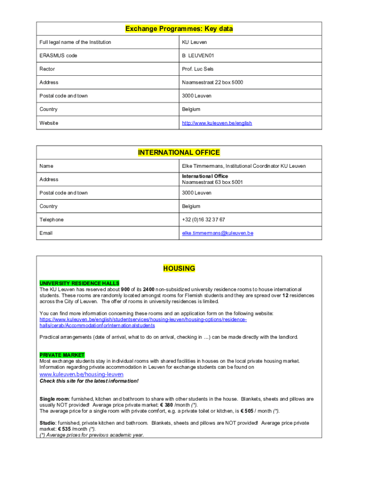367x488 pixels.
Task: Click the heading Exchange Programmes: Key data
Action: click(179, 29)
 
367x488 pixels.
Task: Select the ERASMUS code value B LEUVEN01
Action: click(198, 56)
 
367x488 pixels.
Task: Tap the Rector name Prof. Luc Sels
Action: click(198, 69)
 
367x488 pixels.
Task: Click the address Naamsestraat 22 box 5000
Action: click(212, 82)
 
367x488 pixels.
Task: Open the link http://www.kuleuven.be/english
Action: click(217, 123)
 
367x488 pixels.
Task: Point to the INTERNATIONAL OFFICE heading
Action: click(179, 152)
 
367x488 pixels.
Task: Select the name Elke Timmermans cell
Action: click(244, 166)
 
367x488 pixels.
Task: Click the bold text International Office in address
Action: click(205, 176)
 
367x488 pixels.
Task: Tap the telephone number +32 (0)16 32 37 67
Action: click(204, 220)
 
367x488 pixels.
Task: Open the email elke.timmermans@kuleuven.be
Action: click(217, 233)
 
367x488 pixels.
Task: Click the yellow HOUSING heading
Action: click(179, 268)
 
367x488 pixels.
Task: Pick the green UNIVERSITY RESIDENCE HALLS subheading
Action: click(79, 283)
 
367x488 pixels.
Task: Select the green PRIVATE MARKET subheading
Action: click(62, 355)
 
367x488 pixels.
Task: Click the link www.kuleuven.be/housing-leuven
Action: click(81, 374)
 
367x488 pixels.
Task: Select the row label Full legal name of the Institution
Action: click(75, 42)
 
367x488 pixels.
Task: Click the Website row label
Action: click(49, 123)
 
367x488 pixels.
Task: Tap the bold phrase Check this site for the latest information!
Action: click(89, 381)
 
